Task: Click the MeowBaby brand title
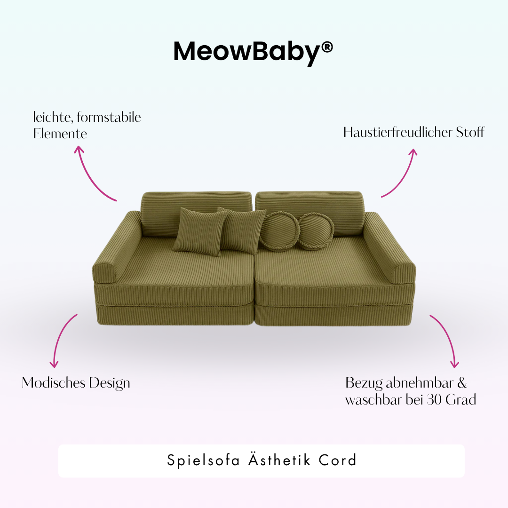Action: (247, 51)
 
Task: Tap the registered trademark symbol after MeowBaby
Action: (327, 47)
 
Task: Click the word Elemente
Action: (60, 134)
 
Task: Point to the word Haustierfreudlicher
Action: (397, 132)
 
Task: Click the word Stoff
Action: (470, 132)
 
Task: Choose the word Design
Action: (110, 383)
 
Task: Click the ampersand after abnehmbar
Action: (461, 383)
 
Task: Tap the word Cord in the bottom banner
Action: (338, 460)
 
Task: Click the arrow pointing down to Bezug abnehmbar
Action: (446, 339)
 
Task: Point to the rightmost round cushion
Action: (316, 230)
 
